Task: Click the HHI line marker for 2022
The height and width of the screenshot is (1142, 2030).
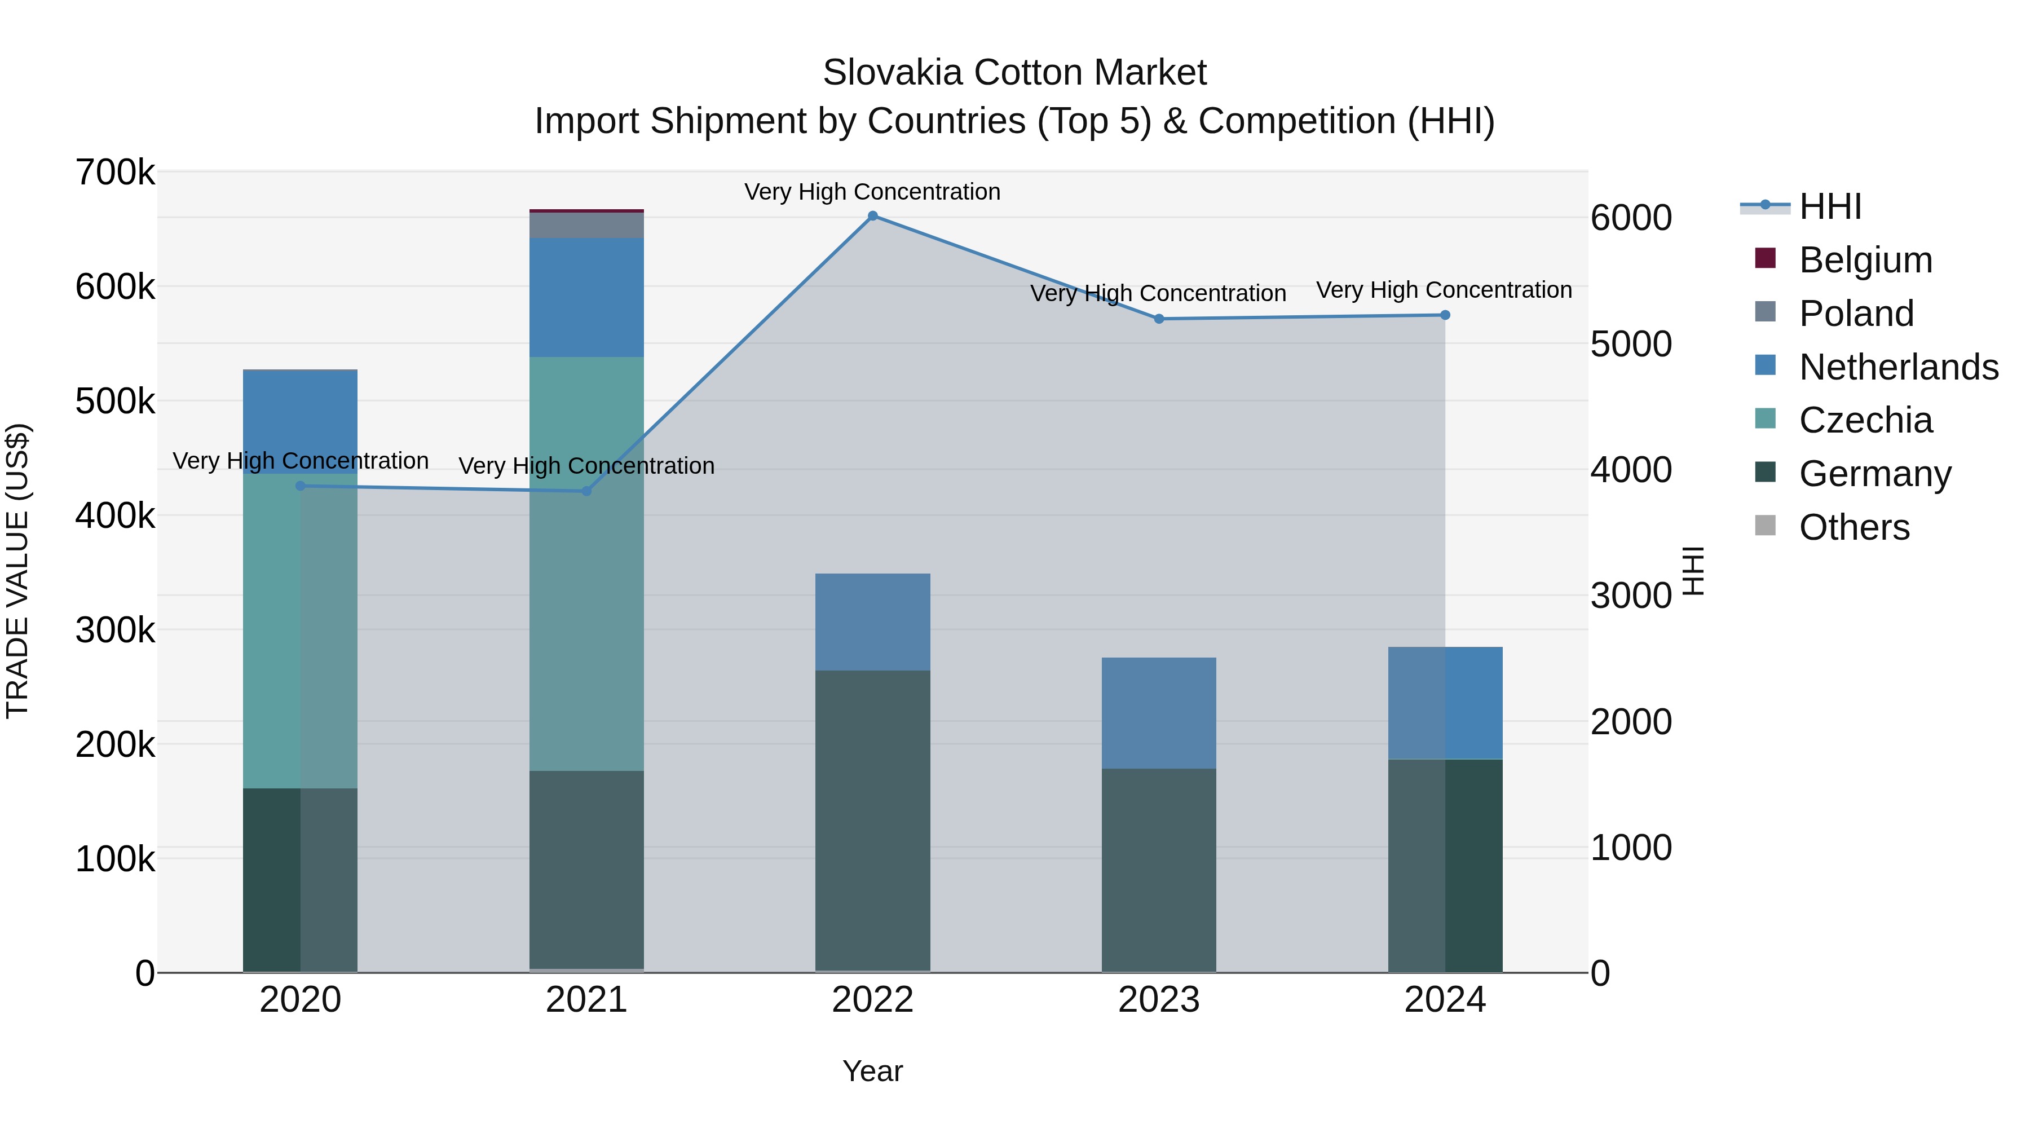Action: click(x=872, y=216)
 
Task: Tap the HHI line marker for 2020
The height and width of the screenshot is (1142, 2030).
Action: click(x=300, y=486)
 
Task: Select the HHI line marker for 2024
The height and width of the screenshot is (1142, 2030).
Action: click(x=1445, y=315)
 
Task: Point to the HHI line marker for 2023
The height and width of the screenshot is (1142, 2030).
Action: click(x=1158, y=319)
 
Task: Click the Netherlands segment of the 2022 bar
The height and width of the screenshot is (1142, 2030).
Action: click(x=872, y=622)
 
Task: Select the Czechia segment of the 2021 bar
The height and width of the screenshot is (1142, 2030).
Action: click(x=586, y=563)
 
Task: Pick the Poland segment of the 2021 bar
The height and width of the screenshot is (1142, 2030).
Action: click(x=586, y=226)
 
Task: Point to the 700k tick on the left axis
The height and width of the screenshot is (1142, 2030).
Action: click(x=115, y=173)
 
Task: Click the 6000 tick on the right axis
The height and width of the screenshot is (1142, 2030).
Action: click(x=1630, y=218)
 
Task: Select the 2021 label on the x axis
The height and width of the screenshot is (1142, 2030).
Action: click(x=586, y=1000)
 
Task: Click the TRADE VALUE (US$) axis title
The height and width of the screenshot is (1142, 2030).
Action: click(x=18, y=571)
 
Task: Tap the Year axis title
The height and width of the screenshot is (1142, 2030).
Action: click(x=872, y=1071)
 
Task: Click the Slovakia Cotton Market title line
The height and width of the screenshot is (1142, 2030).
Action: click(x=1014, y=73)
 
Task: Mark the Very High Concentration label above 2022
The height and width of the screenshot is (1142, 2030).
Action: click(x=872, y=192)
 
